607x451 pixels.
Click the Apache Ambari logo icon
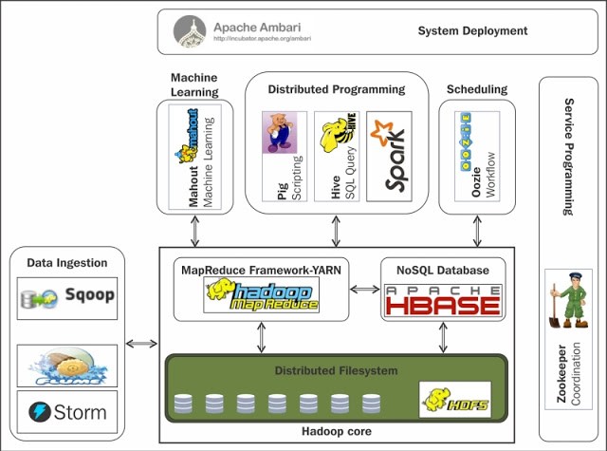pos(191,31)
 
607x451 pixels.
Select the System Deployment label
pos(472,31)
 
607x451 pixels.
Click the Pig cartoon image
pos(280,132)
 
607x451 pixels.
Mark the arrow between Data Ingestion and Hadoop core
pos(141,343)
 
